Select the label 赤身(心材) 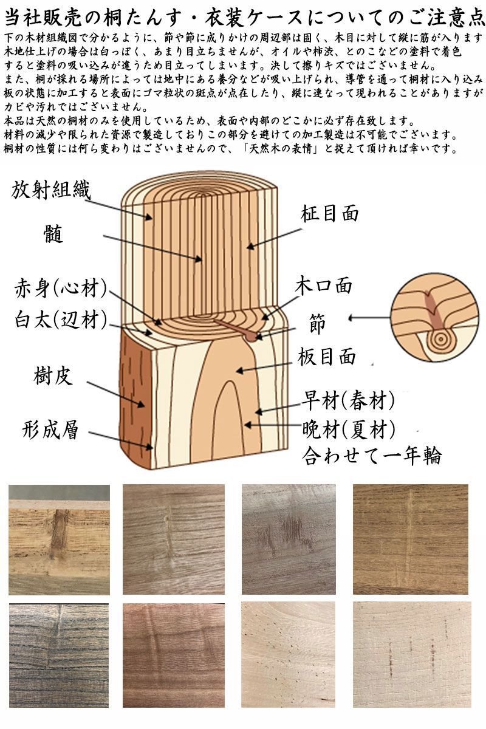(61, 288)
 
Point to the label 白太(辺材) (61, 318)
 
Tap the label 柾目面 (329, 213)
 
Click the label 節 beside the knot (317, 324)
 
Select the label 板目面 (326, 357)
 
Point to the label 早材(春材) (349, 400)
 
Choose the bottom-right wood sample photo (412, 655)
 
